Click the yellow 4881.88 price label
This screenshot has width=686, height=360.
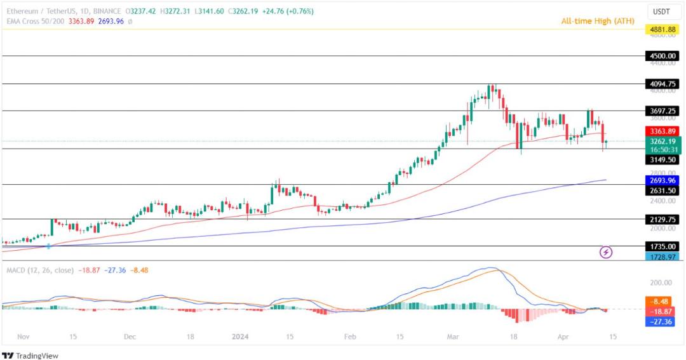(662, 30)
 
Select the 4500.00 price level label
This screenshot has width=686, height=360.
(662, 56)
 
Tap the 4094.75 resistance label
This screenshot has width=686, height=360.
(662, 84)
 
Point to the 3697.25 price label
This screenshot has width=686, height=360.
(662, 111)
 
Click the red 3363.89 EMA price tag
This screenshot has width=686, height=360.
(662, 131)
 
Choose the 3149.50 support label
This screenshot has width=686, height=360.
(662, 160)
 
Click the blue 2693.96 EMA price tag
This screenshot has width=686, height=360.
(662, 180)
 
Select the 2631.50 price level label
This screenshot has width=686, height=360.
(662, 190)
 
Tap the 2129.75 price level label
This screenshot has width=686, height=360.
(662, 220)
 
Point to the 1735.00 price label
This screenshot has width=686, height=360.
(662, 247)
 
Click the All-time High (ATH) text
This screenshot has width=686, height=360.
(598, 20)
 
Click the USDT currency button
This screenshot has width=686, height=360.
(661, 12)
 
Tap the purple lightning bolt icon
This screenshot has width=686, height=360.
(605, 253)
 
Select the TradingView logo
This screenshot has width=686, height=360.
(30, 356)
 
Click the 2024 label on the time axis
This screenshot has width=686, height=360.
(240, 337)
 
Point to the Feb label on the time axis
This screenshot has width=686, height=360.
(350, 337)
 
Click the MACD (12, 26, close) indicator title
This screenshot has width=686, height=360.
(40, 270)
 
